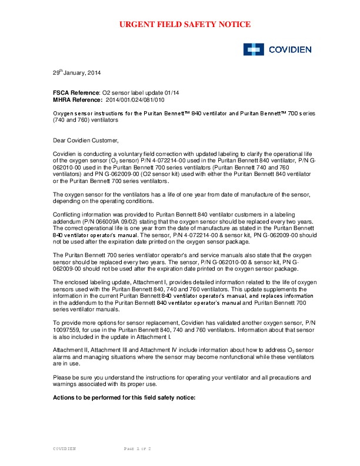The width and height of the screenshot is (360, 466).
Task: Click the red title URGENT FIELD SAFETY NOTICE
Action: (185, 24)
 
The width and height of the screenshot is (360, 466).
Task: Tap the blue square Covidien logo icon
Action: (252, 49)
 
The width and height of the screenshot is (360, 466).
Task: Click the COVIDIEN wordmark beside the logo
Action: (288, 49)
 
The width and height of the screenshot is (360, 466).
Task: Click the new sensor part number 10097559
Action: (68, 330)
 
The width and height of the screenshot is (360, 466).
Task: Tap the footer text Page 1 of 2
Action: (138, 448)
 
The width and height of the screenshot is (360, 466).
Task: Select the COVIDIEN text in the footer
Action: (65, 448)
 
